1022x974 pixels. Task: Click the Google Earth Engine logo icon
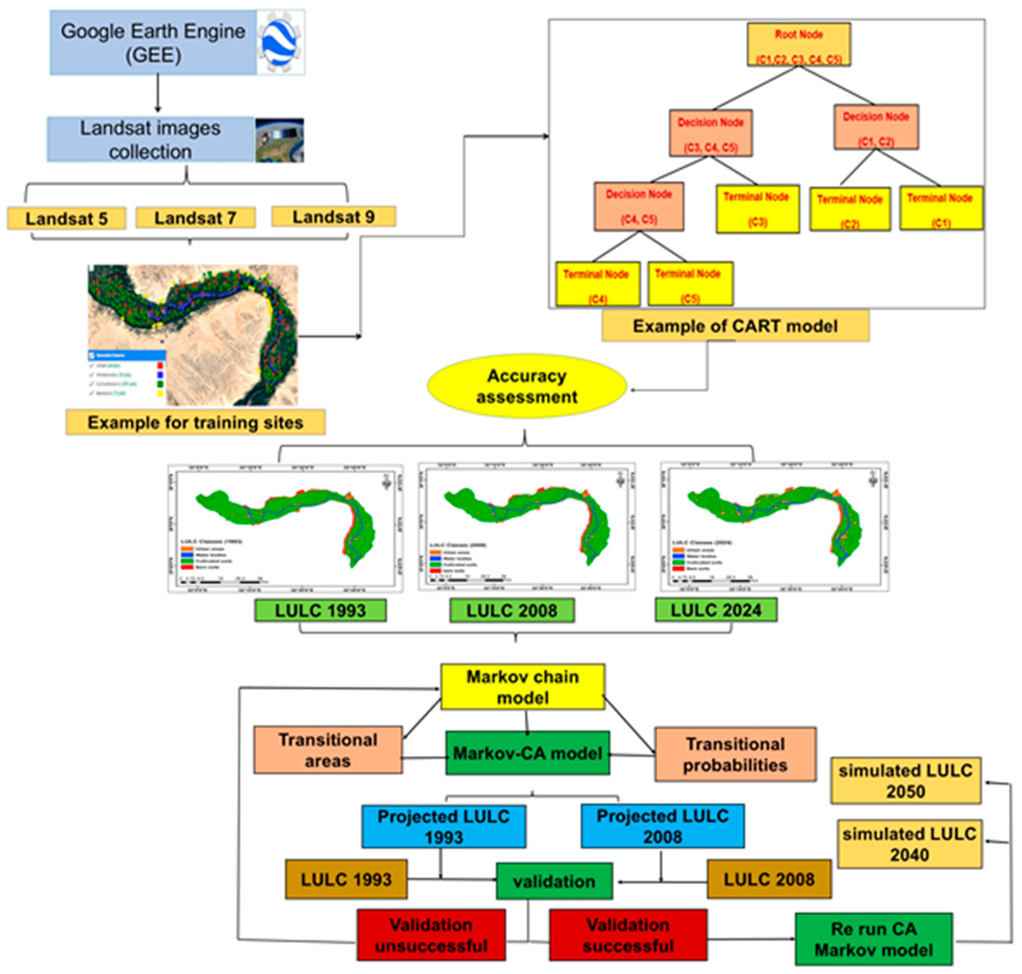point(280,42)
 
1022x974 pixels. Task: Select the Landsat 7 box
point(195,218)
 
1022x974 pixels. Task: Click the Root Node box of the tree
point(798,45)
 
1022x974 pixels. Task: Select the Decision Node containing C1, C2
point(876,127)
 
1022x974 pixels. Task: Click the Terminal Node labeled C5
point(690,284)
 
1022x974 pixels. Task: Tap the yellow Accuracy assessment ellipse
point(526,386)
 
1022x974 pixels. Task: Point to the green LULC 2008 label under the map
point(512,611)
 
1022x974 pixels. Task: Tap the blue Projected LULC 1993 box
point(443,826)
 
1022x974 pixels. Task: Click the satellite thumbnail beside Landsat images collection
point(279,140)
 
